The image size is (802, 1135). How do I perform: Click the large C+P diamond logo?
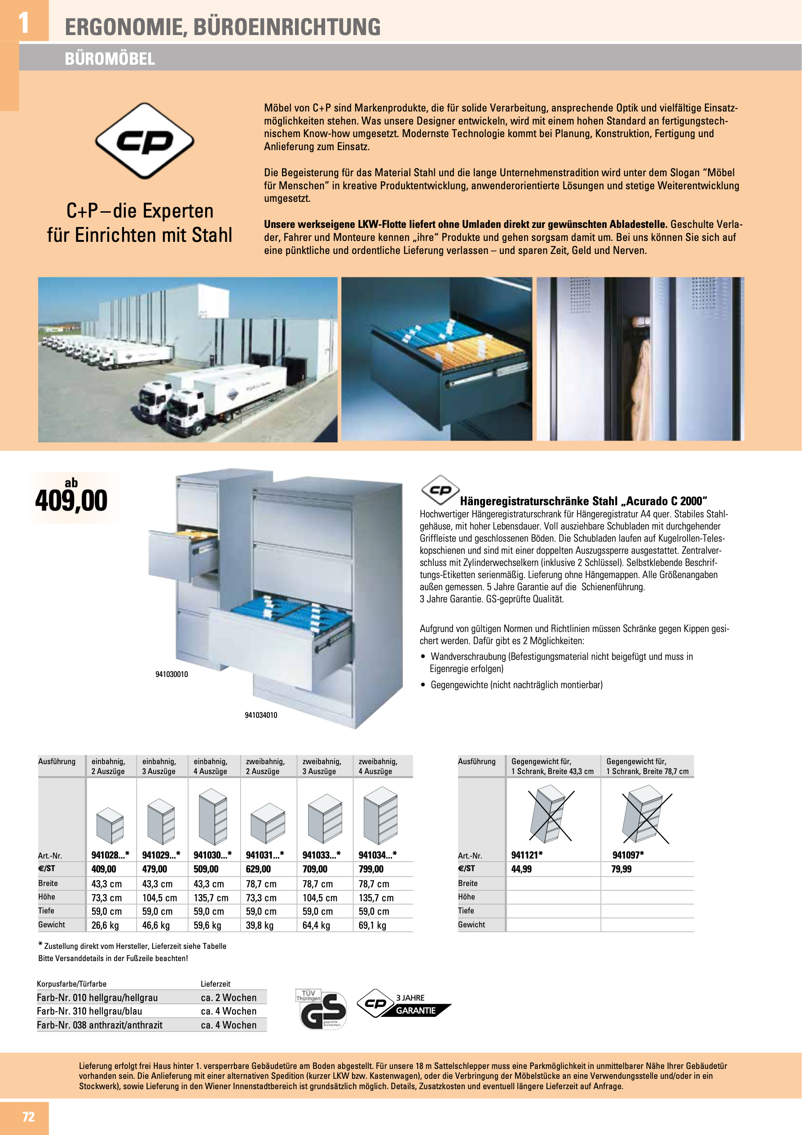(x=144, y=141)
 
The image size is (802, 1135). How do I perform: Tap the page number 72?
(x=28, y=1116)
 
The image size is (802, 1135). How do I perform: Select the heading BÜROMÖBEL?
(x=110, y=59)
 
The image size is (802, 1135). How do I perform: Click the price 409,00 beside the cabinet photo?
(x=71, y=500)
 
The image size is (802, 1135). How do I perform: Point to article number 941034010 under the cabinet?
(x=261, y=715)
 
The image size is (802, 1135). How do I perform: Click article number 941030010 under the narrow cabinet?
(x=172, y=674)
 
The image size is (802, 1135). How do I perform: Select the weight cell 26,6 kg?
(x=105, y=925)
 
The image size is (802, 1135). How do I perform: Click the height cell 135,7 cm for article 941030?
(x=211, y=898)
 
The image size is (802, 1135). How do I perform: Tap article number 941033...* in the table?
(x=322, y=855)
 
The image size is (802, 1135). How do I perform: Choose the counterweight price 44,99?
(x=521, y=869)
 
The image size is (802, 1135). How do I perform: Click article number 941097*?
(x=628, y=855)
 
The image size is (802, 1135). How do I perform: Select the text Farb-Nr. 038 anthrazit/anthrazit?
(x=100, y=1025)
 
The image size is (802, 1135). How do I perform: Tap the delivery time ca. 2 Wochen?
(x=229, y=997)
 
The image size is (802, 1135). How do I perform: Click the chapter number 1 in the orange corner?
(x=23, y=22)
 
